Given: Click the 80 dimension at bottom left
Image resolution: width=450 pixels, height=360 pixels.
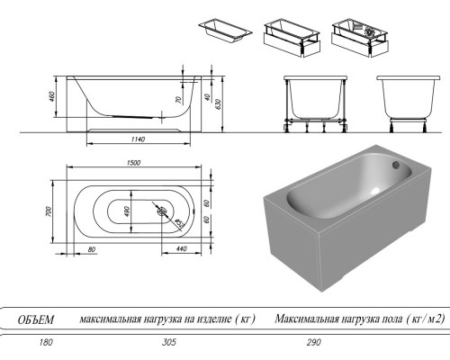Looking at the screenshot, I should point(92,248).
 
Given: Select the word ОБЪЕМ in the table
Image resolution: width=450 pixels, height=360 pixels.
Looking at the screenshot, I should point(36,319).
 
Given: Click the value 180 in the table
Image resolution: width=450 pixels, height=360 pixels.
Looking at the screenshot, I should point(35,343).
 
